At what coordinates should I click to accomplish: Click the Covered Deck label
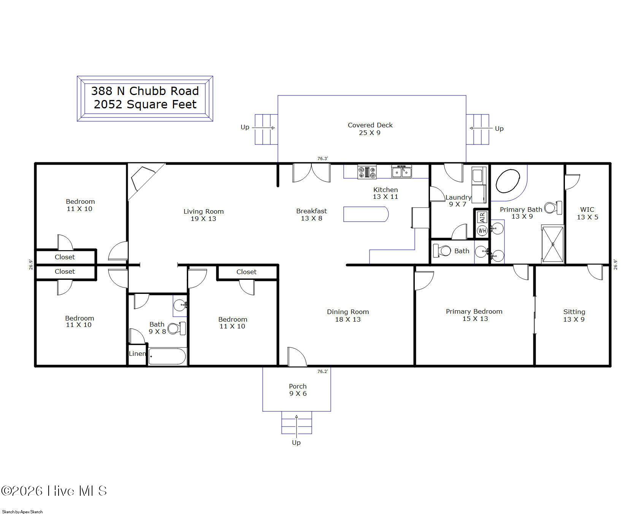coord(370,128)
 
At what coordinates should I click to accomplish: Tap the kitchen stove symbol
coord(367,172)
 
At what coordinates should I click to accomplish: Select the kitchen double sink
coord(401,171)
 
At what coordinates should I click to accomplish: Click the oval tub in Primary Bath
coord(508,181)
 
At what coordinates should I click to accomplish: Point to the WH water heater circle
coord(482,230)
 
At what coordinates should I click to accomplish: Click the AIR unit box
coord(482,217)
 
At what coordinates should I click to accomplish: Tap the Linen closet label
coord(137,354)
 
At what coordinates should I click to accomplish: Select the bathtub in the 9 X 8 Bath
coord(167,356)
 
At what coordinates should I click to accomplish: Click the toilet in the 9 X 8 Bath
coord(177,328)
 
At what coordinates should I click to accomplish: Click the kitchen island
coord(365,214)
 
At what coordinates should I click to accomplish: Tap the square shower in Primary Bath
coord(552,244)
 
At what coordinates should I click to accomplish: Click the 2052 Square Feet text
coord(145,104)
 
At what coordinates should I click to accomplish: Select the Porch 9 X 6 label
coord(298,390)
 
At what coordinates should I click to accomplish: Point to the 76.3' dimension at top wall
coord(322,159)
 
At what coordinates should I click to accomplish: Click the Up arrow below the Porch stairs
coord(296,442)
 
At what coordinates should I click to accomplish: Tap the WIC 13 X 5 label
coord(587,213)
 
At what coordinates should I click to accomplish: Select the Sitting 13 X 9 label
coord(574,315)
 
